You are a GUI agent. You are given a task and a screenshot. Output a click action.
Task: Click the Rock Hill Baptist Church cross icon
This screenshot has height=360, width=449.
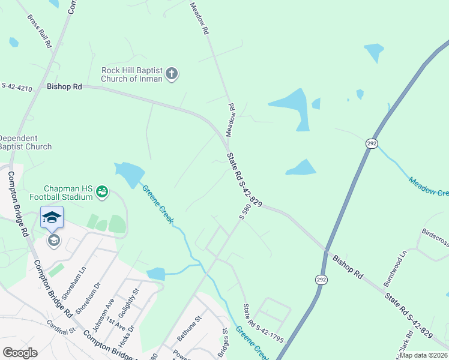pos(172,74)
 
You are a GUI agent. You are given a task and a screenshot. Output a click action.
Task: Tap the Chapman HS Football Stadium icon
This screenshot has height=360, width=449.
pos(101,191)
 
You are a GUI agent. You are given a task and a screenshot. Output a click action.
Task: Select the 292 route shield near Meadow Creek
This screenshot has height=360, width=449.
pos(372,143)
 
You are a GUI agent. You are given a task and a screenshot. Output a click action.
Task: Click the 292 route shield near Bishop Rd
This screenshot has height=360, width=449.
pos(321,280)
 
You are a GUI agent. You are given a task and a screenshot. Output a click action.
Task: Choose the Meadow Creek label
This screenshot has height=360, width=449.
pos(428,186)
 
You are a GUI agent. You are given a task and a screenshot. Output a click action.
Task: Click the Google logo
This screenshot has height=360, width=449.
pos(20,353)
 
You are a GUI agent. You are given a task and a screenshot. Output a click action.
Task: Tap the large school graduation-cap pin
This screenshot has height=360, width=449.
pos(52,217)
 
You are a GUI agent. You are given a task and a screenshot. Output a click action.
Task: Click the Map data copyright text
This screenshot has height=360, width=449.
pos(423,355)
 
